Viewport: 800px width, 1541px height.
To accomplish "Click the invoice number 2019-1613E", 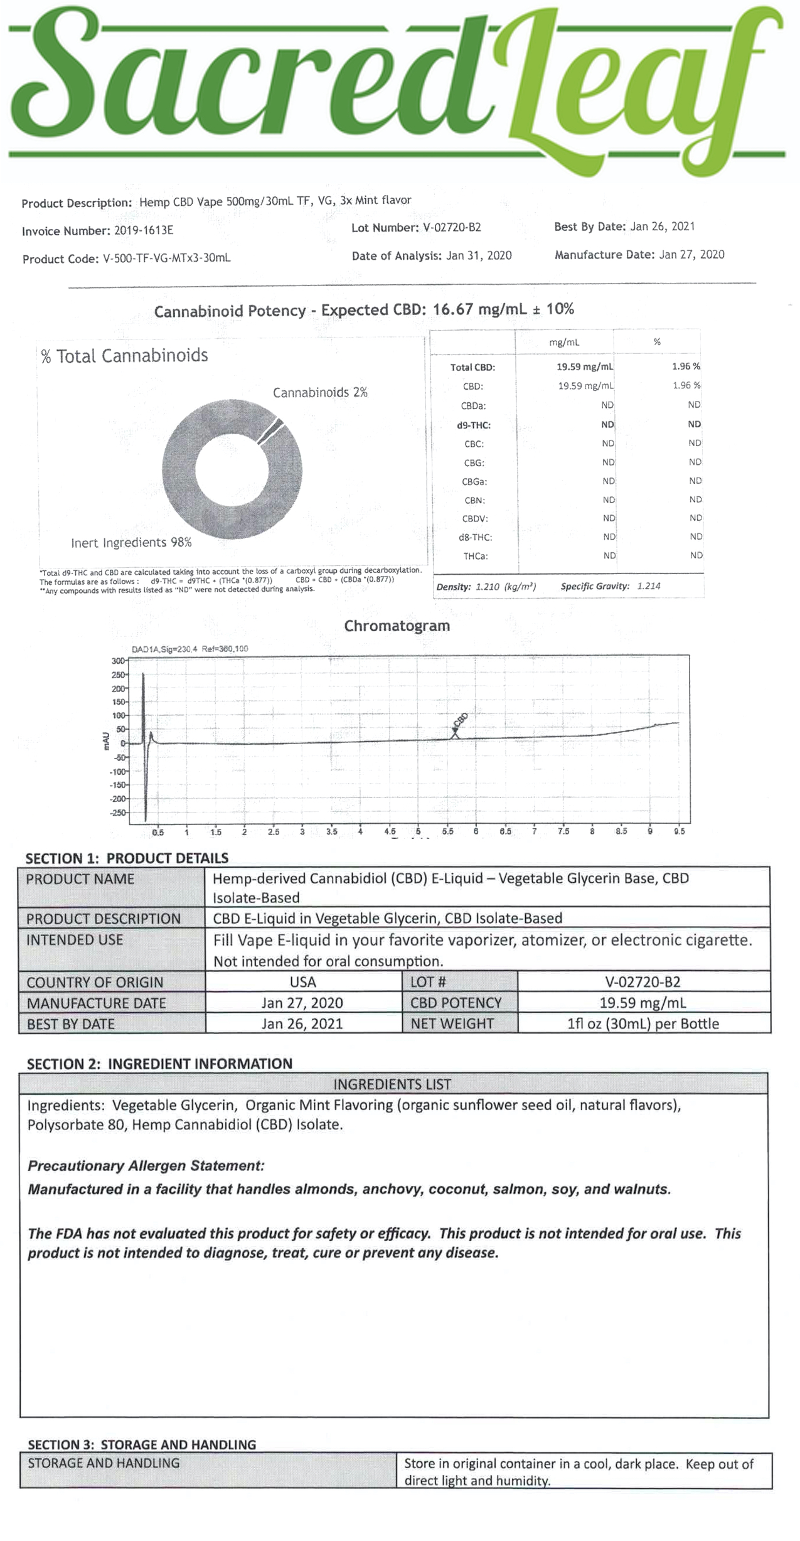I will [x=144, y=230].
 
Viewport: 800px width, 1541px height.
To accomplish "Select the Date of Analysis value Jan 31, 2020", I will [x=479, y=255].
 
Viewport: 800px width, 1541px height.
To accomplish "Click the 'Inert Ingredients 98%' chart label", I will [x=131, y=542].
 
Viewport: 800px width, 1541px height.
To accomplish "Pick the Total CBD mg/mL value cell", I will [x=585, y=367].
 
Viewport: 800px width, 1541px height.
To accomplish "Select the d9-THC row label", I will [x=474, y=425].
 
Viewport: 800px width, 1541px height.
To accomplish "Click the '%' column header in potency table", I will [x=657, y=342].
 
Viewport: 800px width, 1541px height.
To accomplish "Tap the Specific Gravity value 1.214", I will [x=649, y=586].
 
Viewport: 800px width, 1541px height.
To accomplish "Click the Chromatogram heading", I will [x=397, y=626].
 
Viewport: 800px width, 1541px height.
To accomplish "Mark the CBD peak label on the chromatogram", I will [x=460, y=722].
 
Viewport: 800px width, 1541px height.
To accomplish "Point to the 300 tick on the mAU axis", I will [x=118, y=661].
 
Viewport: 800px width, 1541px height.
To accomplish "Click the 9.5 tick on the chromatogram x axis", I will [x=679, y=831].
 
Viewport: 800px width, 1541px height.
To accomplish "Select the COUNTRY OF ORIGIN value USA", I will [x=303, y=982].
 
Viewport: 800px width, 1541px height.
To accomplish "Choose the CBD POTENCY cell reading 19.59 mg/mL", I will [x=643, y=1003].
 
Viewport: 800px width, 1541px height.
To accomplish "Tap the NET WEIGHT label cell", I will [x=452, y=1024].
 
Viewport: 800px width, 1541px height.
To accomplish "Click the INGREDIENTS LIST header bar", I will [x=392, y=1084].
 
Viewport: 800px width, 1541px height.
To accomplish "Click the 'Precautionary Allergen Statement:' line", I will [x=146, y=1166].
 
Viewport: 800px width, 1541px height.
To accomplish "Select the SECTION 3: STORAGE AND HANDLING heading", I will [x=142, y=1444].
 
